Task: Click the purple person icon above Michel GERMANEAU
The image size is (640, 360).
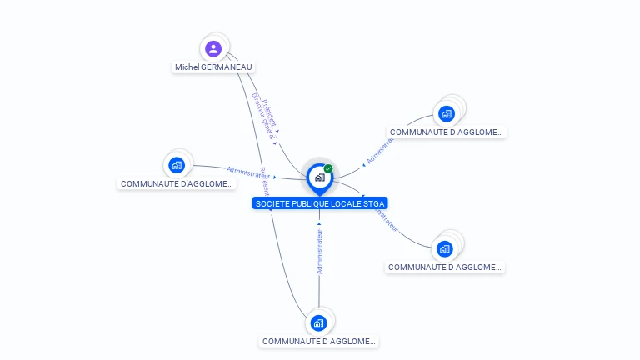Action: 213,48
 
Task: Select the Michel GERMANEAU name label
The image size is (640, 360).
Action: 213,67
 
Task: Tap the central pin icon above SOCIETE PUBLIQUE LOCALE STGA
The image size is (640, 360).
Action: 319,177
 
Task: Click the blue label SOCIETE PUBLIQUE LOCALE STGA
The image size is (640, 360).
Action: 320,203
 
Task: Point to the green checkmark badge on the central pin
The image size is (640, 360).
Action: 328,169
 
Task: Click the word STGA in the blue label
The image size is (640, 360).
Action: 374,203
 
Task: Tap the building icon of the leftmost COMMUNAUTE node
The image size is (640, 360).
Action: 176,165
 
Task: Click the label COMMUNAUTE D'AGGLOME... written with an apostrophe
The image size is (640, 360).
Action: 177,183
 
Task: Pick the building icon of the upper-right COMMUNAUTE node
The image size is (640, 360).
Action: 447,113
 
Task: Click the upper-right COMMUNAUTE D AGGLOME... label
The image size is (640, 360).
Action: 447,132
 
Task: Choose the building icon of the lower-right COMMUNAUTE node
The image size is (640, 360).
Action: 445,248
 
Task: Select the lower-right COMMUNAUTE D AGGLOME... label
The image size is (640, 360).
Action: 445,267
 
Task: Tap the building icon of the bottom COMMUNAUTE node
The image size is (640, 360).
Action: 318,322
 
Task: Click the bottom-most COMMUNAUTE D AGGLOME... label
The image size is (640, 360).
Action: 318,341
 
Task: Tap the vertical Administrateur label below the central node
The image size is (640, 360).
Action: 319,248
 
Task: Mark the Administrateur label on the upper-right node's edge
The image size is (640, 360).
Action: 379,151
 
